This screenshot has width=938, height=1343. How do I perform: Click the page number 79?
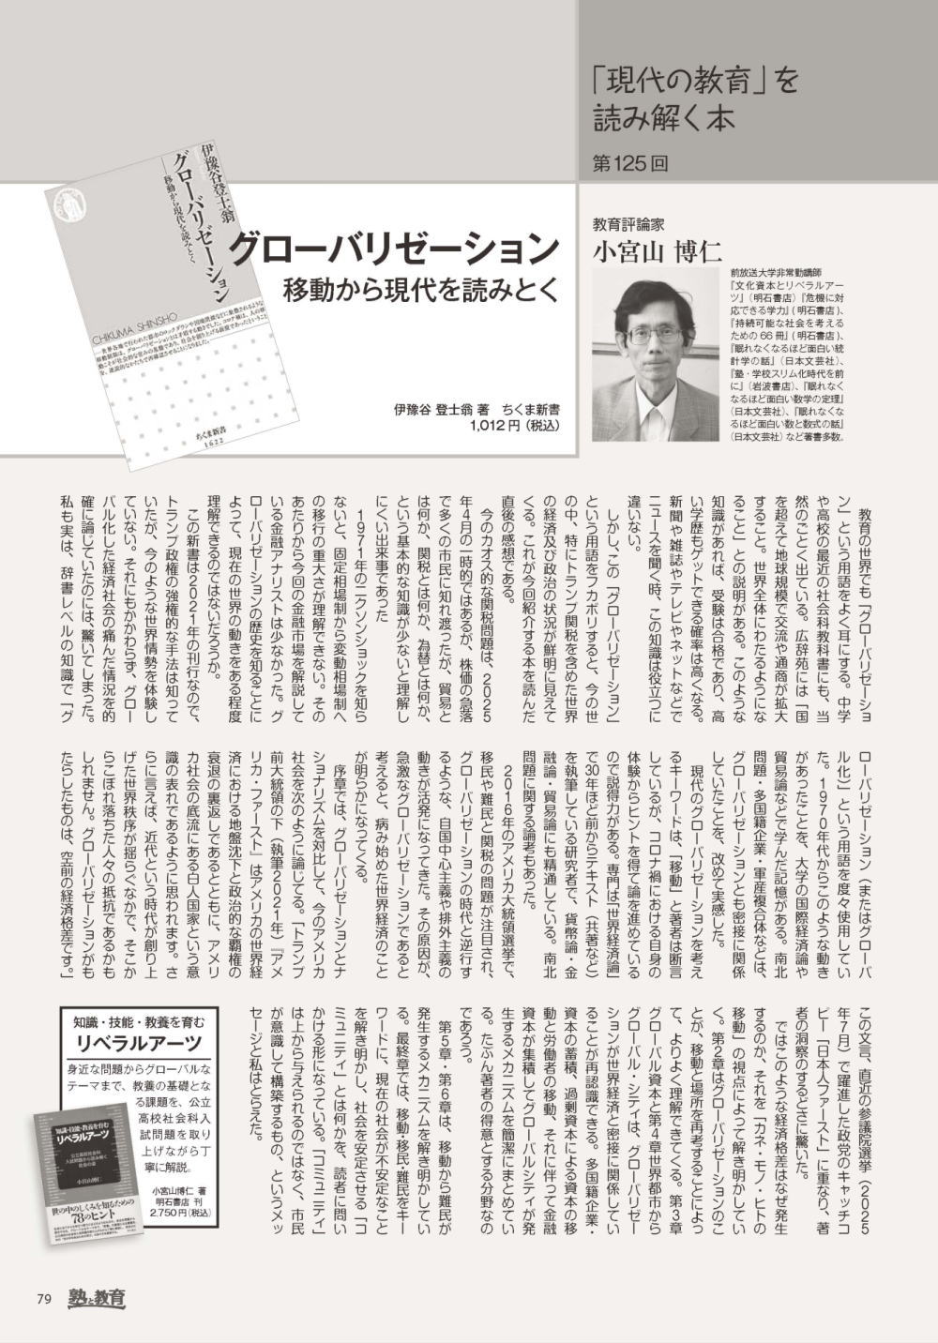tap(43, 1299)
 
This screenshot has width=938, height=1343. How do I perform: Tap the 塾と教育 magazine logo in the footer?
tap(95, 1299)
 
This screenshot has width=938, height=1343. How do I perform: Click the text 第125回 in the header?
tap(631, 162)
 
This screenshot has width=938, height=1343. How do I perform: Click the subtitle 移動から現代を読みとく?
tap(421, 288)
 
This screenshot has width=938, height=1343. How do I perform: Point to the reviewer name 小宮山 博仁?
tap(656, 251)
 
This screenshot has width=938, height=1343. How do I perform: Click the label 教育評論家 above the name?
tap(628, 225)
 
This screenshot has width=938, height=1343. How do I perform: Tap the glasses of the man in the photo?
tap(653, 337)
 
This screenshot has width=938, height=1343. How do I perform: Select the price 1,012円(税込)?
tap(514, 425)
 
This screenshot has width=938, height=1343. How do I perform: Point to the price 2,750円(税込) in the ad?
tap(182, 1212)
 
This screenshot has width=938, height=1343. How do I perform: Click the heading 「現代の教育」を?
tap(694, 82)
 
